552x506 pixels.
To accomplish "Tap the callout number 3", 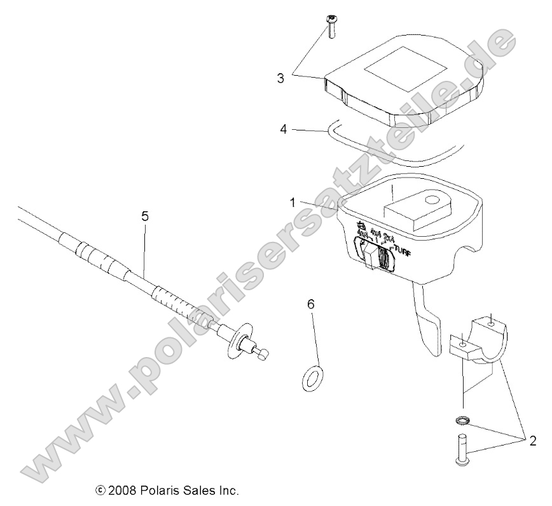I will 280,78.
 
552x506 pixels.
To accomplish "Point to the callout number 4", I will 284,129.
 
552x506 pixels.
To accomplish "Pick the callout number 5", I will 145,216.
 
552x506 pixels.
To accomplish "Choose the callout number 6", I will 311,305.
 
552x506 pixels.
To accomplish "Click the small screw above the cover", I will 332,26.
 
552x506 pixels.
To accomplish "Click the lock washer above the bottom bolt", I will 462,420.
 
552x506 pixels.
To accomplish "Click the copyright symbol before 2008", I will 100,491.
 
